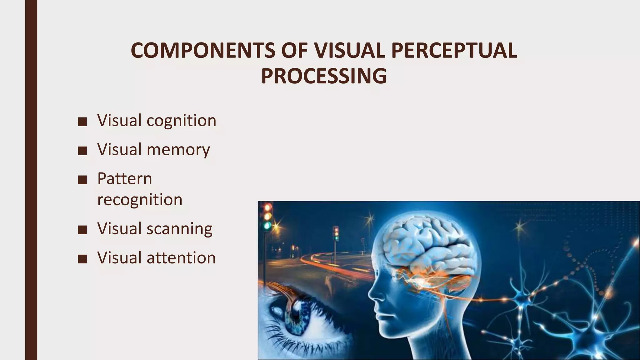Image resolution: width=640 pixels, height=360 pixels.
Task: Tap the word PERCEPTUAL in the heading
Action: pyautogui.click(x=454, y=51)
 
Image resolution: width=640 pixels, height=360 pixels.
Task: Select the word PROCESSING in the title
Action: pyautogui.click(x=324, y=76)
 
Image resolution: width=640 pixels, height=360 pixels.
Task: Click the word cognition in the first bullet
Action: pyautogui.click(x=181, y=121)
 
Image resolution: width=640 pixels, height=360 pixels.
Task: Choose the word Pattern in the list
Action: pyautogui.click(x=125, y=179)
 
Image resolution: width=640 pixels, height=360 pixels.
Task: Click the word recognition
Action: pyautogui.click(x=140, y=200)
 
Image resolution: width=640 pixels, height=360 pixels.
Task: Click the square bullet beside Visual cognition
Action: pyautogui.click(x=82, y=122)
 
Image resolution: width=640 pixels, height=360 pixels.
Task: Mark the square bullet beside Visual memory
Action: pyautogui.click(x=82, y=151)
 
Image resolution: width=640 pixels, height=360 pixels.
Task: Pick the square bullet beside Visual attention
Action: pyautogui.click(x=82, y=259)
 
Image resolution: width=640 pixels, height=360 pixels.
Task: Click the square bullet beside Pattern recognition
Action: pyautogui.click(x=82, y=180)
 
